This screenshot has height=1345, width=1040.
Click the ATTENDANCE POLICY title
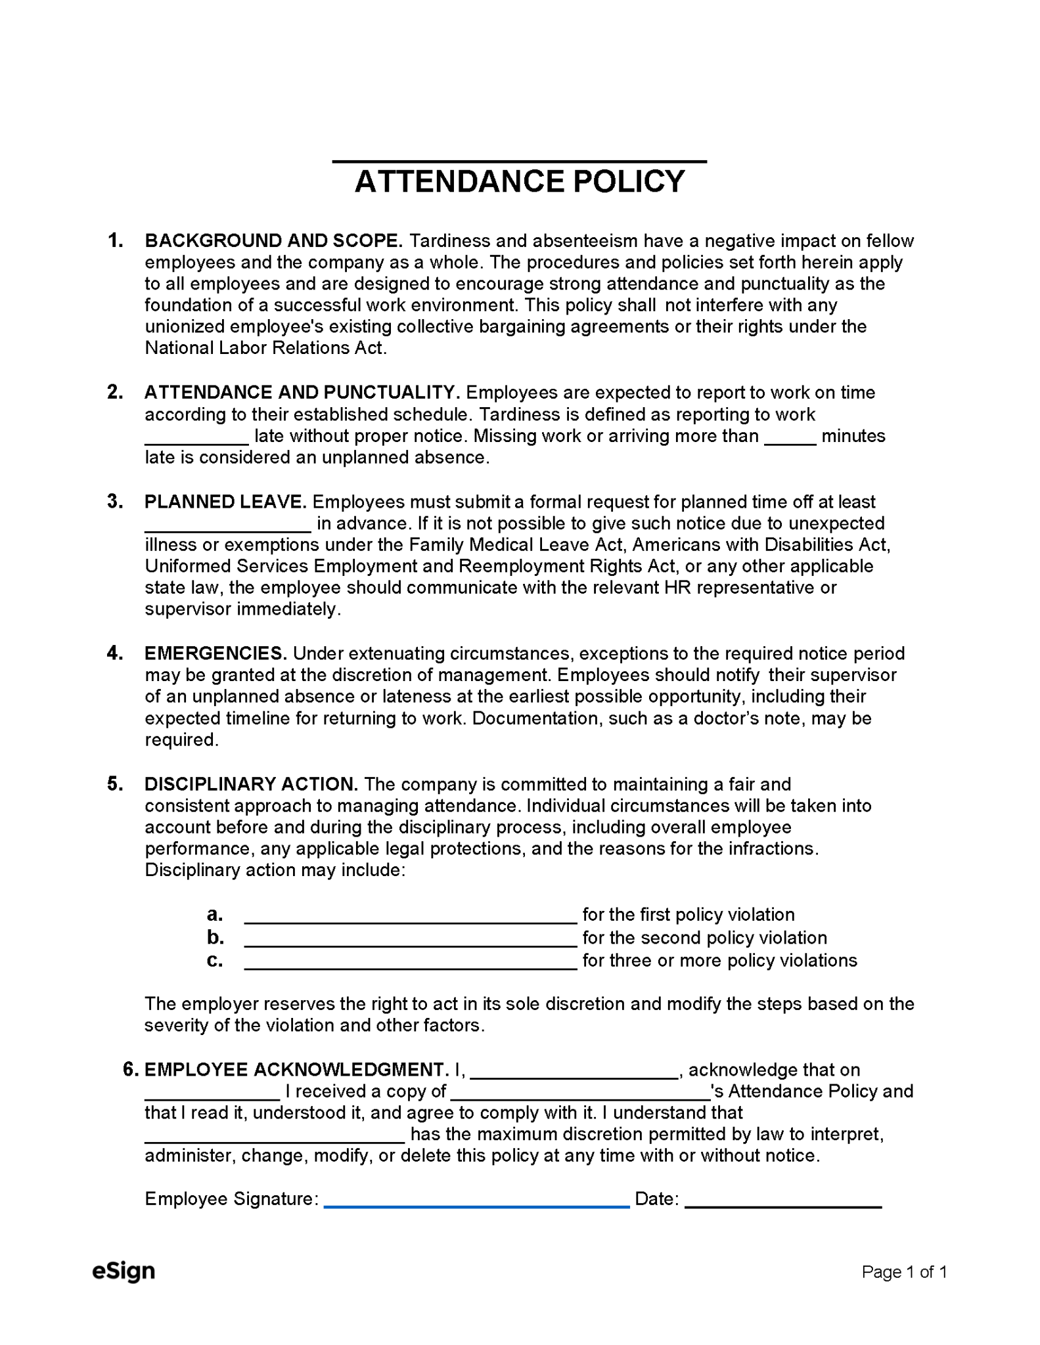(x=519, y=182)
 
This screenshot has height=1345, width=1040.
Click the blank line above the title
(x=519, y=160)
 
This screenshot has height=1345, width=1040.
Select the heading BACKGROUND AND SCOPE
(x=273, y=241)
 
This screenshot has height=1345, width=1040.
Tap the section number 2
(x=115, y=393)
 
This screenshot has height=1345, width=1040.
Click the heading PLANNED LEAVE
(x=225, y=502)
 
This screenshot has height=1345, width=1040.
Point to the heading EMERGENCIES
(x=215, y=654)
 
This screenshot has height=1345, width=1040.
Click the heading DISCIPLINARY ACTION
(x=251, y=785)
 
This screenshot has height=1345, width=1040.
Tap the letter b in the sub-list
(x=215, y=938)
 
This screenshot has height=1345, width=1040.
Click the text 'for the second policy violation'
(x=704, y=938)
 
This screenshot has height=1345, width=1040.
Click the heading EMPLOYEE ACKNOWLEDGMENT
(x=296, y=1070)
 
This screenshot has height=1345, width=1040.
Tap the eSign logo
(x=124, y=1272)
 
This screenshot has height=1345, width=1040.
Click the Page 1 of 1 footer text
(x=903, y=1273)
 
